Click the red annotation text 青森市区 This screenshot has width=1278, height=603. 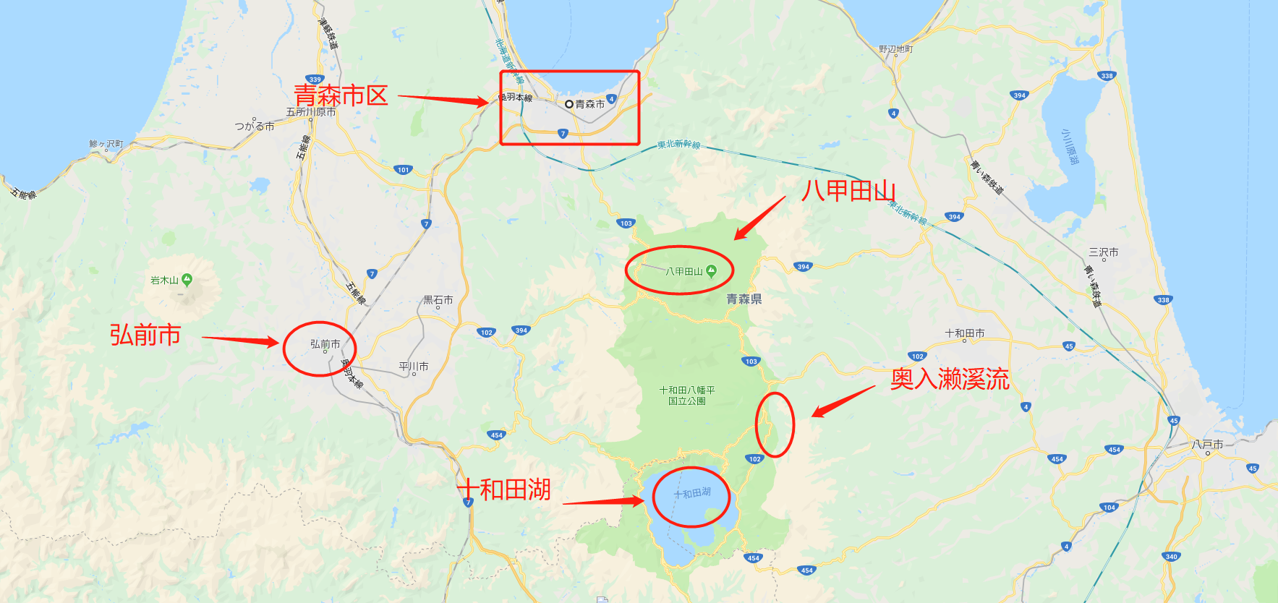pyautogui.click(x=341, y=95)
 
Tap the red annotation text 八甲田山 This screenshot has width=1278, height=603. pyautogui.click(x=848, y=191)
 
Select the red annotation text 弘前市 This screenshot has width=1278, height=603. pyautogui.click(x=145, y=335)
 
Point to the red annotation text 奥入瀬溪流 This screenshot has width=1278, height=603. pyautogui.click(x=950, y=379)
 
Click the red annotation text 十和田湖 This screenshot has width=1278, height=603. pyautogui.click(x=505, y=489)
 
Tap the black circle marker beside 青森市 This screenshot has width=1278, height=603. pyautogui.click(x=569, y=104)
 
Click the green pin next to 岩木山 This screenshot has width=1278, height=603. pyautogui.click(x=187, y=279)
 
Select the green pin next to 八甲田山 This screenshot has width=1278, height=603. pyautogui.click(x=711, y=271)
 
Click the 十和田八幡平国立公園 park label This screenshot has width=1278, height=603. pyautogui.click(x=686, y=395)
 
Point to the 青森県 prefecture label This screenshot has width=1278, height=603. pyautogui.click(x=744, y=299)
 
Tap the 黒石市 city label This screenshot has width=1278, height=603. pyautogui.click(x=438, y=299)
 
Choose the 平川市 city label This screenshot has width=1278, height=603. pyautogui.click(x=414, y=367)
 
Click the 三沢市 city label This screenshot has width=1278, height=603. pyautogui.click(x=1103, y=252)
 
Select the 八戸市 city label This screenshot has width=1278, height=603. pyautogui.click(x=1207, y=445)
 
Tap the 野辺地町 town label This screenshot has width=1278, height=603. pyautogui.click(x=895, y=49)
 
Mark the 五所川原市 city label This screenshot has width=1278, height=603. pyautogui.click(x=310, y=112)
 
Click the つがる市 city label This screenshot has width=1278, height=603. pyautogui.click(x=254, y=126)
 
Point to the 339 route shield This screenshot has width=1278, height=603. pyautogui.click(x=315, y=80)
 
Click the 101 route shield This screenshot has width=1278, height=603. pyautogui.click(x=403, y=170)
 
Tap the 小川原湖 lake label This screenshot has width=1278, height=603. pyautogui.click(x=1070, y=147)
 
